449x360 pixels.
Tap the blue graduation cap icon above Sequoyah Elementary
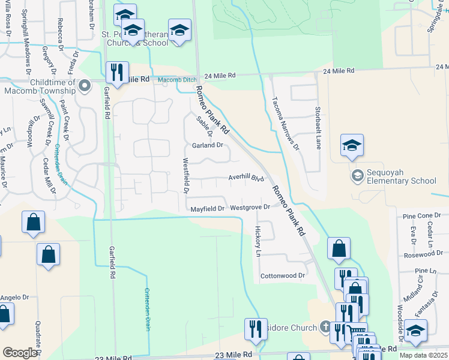(x=352, y=146)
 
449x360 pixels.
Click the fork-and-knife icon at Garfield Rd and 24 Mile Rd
(x=116, y=73)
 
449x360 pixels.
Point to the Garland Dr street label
(x=208, y=145)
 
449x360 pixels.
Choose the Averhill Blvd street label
(x=246, y=178)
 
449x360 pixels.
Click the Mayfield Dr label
(x=207, y=209)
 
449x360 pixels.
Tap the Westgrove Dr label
(x=250, y=208)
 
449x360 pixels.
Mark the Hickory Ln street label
(x=258, y=241)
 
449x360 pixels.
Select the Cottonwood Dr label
(x=283, y=276)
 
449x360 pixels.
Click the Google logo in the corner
(x=20, y=352)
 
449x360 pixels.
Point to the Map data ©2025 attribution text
(x=424, y=356)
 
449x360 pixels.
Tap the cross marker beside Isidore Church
(x=325, y=328)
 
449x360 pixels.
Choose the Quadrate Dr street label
(x=38, y=329)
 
